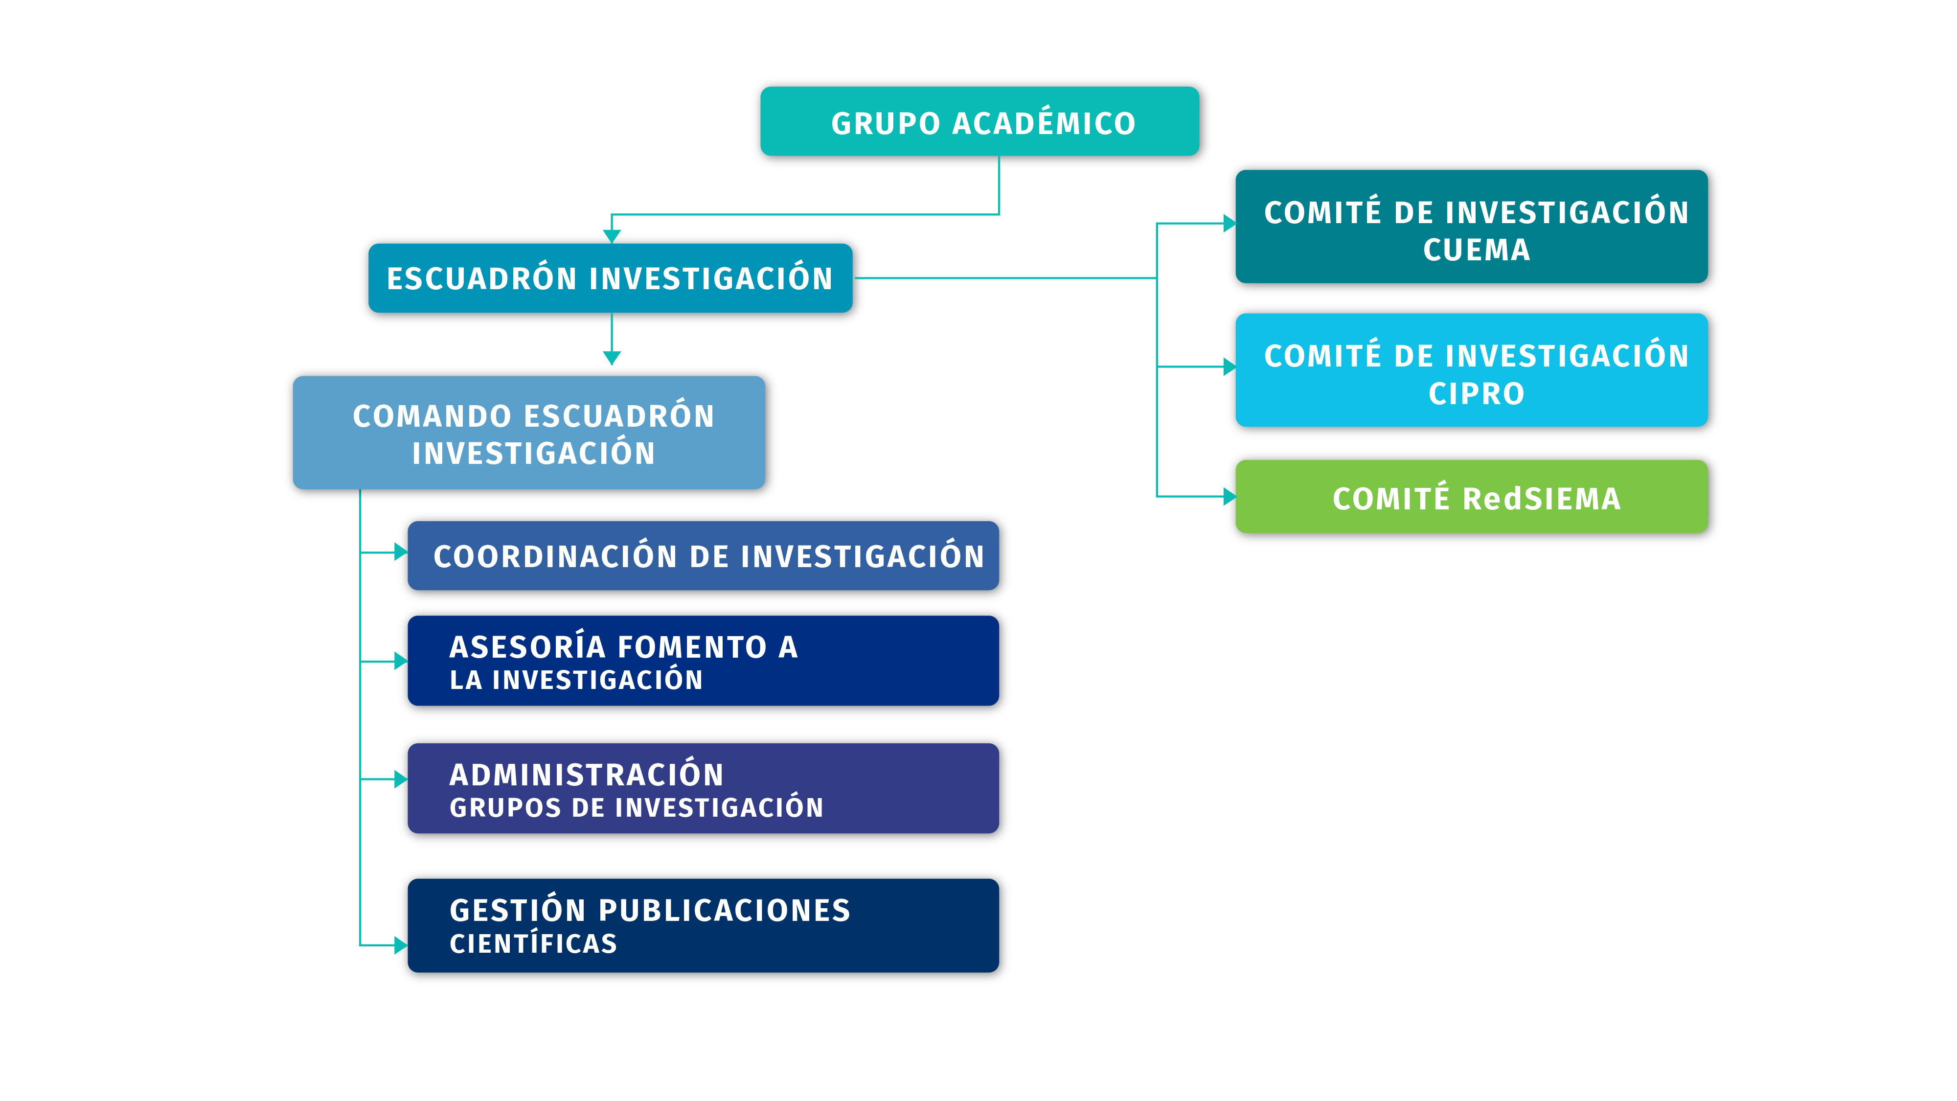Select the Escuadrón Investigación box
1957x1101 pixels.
tap(611, 278)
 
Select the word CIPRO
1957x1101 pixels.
tap(1476, 393)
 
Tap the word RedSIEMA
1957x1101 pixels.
tap(1542, 499)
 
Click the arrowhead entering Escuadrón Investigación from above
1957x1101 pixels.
tap(612, 236)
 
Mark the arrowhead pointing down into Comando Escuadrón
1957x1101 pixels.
tap(612, 358)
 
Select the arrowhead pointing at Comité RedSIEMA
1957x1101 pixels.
tap(1229, 497)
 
